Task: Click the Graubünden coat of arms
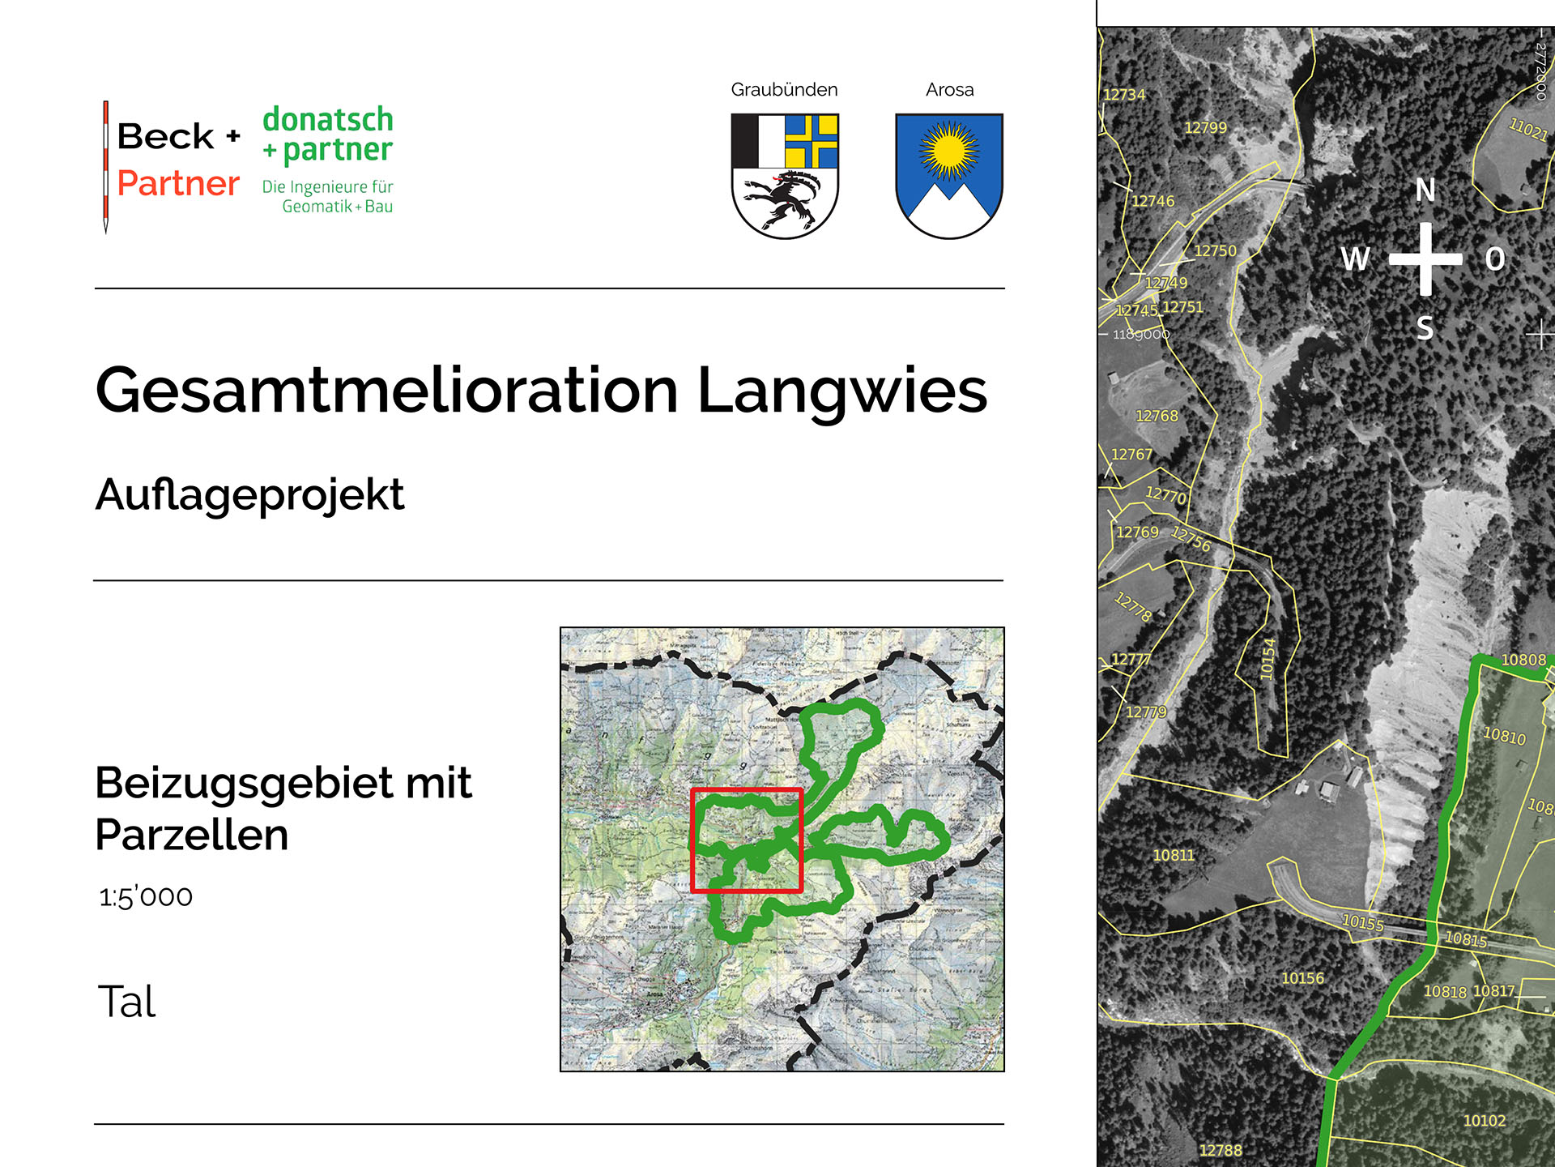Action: [785, 176]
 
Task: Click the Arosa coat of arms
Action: [949, 176]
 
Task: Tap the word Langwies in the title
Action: [842, 391]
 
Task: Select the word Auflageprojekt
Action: [249, 494]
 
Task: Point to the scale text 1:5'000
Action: [146, 896]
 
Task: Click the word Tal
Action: [126, 1002]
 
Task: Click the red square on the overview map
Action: [747, 840]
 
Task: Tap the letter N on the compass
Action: [1425, 190]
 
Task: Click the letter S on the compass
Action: [1425, 328]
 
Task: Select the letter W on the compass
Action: [1356, 259]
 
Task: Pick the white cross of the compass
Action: [1426, 259]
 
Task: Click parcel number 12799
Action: [1205, 127]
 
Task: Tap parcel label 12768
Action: [1157, 416]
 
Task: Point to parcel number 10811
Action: [1174, 855]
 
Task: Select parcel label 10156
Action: [1302, 978]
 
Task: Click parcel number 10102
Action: [1484, 1121]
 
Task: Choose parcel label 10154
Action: [1267, 659]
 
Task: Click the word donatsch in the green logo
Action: [328, 119]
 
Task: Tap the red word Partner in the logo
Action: [178, 183]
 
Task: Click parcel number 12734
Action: [1125, 95]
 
